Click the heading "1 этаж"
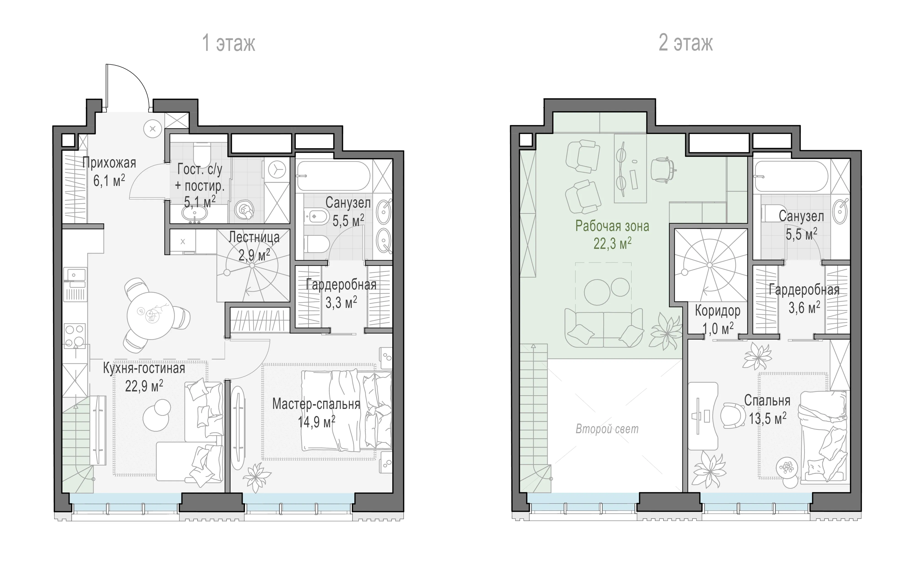coord(229,43)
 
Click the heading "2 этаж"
coord(686,43)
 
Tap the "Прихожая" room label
coord(109,163)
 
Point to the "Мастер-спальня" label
coord(316,404)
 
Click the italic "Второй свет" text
coord(607,429)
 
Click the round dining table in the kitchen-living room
coord(151,316)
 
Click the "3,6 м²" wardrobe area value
coord(804,308)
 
